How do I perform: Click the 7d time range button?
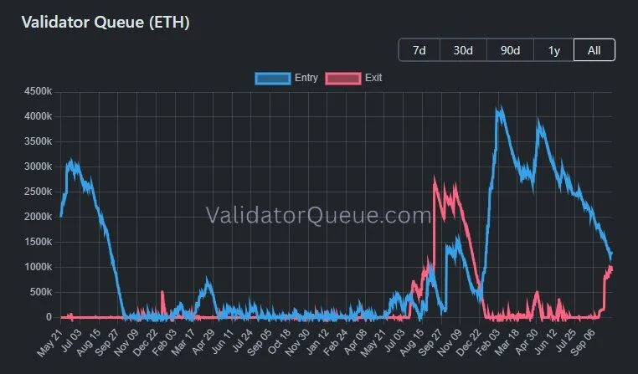point(419,50)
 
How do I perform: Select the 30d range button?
point(463,50)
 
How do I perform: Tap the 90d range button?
point(510,50)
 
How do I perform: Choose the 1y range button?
point(553,50)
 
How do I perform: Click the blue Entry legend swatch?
point(273,78)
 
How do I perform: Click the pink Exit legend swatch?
point(343,78)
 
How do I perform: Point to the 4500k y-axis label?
point(38,91)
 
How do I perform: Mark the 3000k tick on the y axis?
point(38,167)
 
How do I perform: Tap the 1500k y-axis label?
point(38,242)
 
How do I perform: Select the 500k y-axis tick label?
point(41,292)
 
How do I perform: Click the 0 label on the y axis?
point(49,317)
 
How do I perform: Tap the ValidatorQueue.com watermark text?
point(318,215)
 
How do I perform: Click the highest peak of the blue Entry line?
point(501,107)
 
